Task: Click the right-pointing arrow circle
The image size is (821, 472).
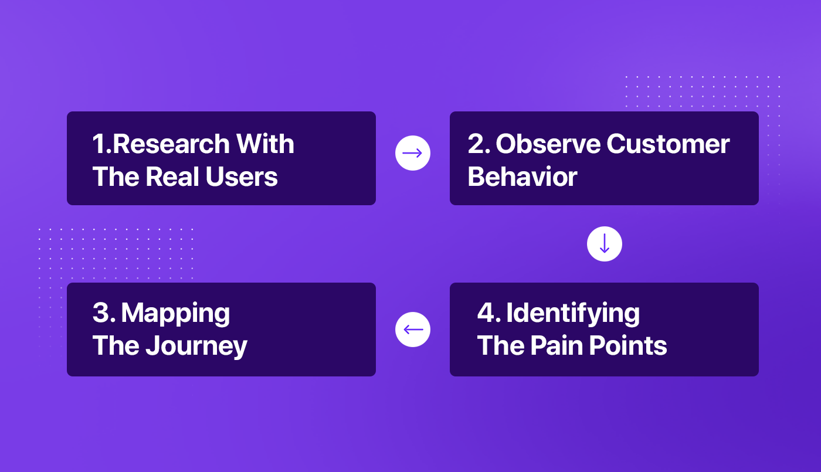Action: point(413,153)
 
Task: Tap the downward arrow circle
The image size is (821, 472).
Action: point(604,244)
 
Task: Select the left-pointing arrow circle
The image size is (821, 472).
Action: point(413,329)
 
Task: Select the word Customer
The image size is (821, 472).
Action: point(668,144)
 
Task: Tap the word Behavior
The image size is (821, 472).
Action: point(523,176)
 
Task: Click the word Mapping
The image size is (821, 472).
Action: point(175,314)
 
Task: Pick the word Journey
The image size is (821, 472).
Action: point(196,347)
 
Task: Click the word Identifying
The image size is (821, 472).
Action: point(573,314)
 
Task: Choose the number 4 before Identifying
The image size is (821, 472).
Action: point(487,313)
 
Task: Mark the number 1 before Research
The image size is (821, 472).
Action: point(99,144)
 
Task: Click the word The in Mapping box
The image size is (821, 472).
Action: point(114,346)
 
